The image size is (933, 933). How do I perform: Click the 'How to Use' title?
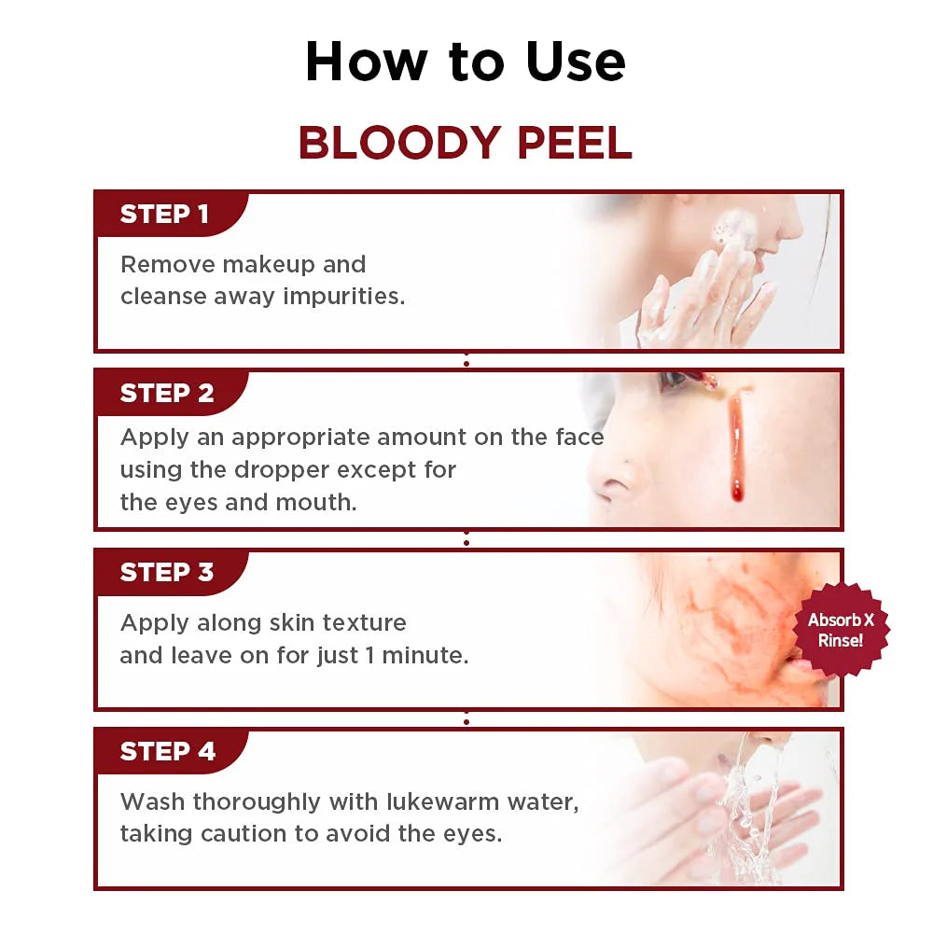click(x=466, y=62)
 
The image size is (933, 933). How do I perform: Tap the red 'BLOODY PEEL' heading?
click(x=466, y=142)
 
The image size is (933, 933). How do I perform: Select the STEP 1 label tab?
click(x=164, y=215)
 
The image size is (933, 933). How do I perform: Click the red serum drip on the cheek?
click(x=736, y=448)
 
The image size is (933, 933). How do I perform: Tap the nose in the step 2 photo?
click(x=616, y=480)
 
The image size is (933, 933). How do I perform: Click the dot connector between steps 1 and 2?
click(x=466, y=361)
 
